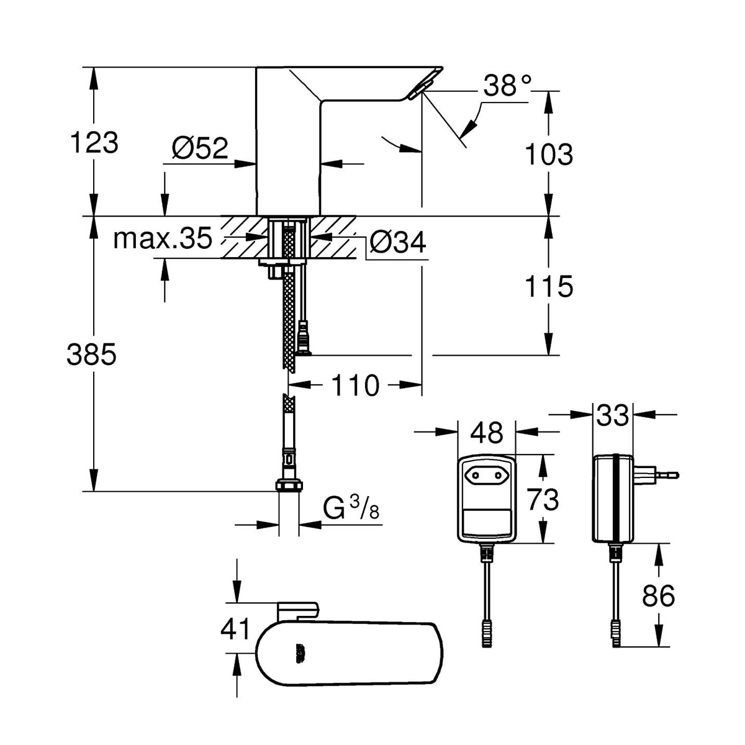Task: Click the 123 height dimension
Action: click(93, 143)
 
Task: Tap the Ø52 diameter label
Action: click(200, 148)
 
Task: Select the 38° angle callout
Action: click(508, 86)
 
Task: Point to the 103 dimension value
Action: click(549, 154)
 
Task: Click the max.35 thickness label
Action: click(163, 238)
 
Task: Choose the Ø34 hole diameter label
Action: click(398, 242)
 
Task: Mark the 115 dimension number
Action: click(549, 286)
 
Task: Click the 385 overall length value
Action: click(91, 354)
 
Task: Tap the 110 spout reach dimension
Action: click(355, 386)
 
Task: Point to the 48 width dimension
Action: click(487, 433)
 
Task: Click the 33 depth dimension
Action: click(612, 415)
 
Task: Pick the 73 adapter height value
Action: click(543, 499)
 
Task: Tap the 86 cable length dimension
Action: click(658, 596)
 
